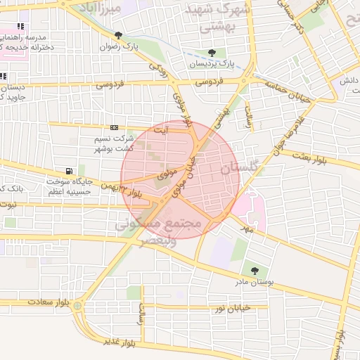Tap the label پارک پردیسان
210,64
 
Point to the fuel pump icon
68,171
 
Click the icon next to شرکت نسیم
114,128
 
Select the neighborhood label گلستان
239,169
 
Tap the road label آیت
161,129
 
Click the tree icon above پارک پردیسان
212,53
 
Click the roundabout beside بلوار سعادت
78,307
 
